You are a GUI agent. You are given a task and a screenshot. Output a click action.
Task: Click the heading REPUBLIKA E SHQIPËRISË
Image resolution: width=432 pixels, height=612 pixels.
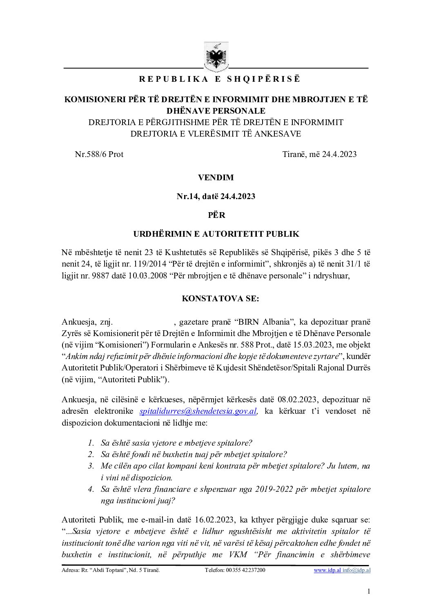(x=219, y=79)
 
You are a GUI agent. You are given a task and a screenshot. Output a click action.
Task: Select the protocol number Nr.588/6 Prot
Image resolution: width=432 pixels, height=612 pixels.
(x=99, y=154)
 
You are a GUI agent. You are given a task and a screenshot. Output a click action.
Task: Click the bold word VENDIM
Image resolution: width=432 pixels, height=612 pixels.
(x=216, y=177)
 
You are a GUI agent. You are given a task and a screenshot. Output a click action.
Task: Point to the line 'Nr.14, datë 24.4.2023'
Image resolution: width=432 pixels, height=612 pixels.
(x=216, y=196)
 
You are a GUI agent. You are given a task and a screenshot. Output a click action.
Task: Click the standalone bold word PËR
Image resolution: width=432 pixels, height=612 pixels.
(x=216, y=215)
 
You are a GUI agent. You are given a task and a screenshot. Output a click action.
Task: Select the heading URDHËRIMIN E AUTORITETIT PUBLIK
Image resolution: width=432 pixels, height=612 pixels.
(x=216, y=234)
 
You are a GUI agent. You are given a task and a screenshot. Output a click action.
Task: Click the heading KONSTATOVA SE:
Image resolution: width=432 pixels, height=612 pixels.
(x=220, y=298)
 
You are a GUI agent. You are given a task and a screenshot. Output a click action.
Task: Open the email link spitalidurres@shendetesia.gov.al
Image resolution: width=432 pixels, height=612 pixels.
(x=198, y=411)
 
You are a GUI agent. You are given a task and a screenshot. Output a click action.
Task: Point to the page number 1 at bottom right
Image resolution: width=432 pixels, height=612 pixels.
(x=369, y=592)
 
